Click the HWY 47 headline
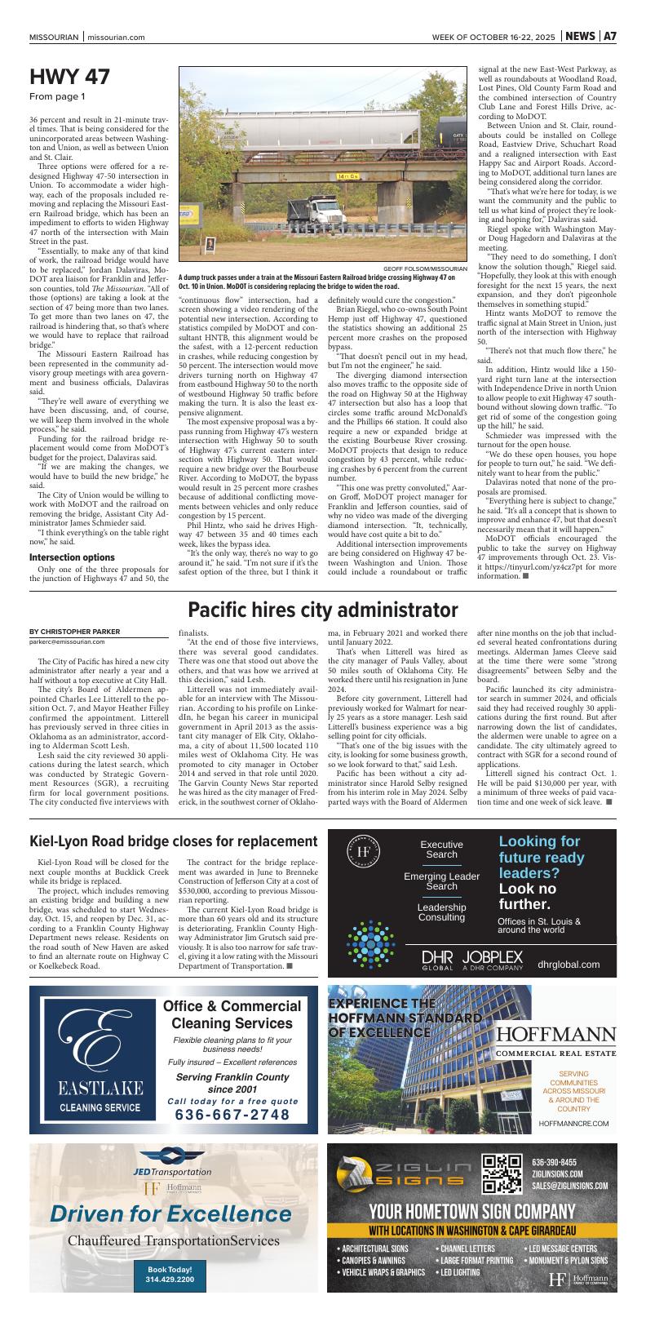coord(69,78)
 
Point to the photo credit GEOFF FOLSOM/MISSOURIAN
coord(425,268)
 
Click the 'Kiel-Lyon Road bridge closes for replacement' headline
coord(173,841)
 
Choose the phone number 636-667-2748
coord(232,1115)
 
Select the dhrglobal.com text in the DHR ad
coord(569,964)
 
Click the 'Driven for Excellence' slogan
coord(170,1213)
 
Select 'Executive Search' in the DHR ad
coord(441,850)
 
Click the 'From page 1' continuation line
coord(57,97)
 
